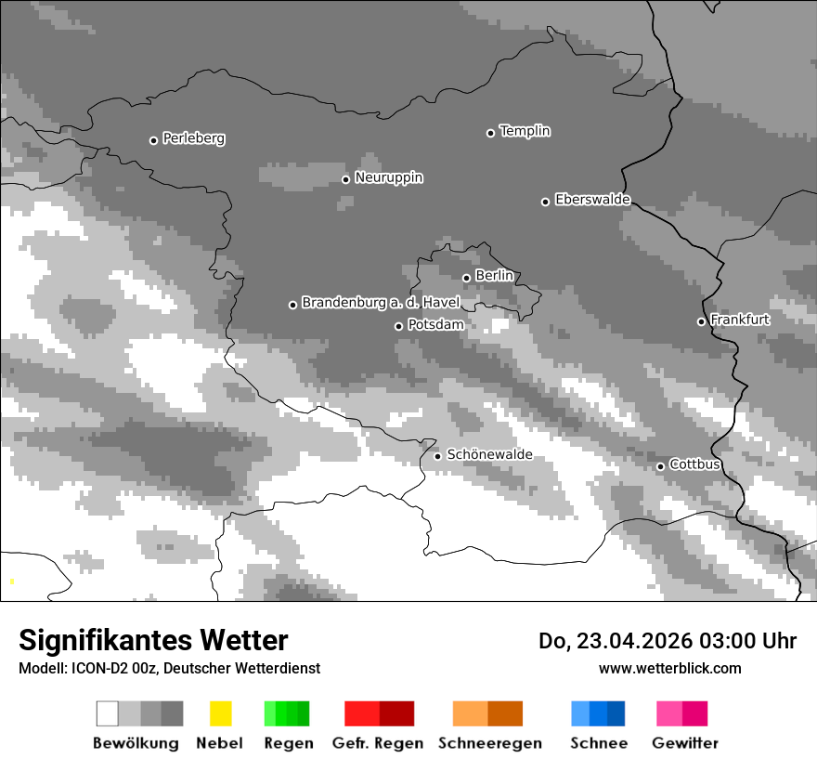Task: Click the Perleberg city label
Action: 193,138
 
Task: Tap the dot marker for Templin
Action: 491,133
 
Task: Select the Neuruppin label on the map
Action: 388,177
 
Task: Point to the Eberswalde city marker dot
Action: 546,202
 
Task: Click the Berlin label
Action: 494,276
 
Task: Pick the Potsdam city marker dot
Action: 399,326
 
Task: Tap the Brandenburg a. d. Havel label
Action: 381,303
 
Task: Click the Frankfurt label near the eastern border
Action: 740,320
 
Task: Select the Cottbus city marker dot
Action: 661,466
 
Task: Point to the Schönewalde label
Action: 489,454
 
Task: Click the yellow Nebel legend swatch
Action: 220,713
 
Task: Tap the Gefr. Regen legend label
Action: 377,743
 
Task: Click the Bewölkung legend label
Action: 136,743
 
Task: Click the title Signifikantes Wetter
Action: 153,640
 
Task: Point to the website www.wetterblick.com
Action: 669,668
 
